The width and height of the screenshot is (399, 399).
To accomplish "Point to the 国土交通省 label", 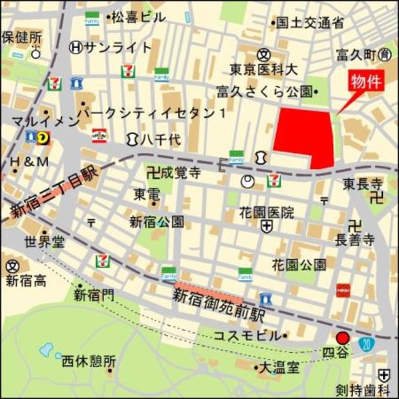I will [x=310, y=24].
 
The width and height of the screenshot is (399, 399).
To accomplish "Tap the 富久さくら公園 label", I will [x=264, y=92].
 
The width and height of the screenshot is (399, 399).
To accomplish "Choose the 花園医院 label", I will [x=266, y=213].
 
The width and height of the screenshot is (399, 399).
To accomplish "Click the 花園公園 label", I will [x=299, y=264].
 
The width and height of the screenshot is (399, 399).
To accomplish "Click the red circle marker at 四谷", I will [x=342, y=339].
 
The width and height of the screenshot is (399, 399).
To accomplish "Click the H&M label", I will [x=29, y=163].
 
